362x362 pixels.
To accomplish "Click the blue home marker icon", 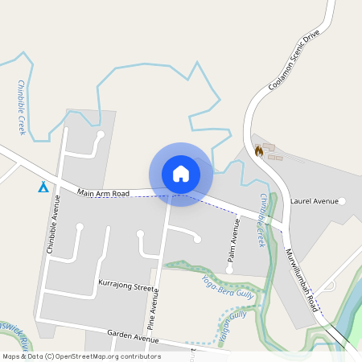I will point(181,174).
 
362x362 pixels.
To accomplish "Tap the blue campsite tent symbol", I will point(43,187).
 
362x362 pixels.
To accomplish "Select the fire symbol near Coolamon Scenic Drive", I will point(258,150).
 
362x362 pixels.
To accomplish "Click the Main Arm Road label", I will point(104,193).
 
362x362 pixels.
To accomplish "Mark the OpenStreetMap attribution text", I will point(80,356).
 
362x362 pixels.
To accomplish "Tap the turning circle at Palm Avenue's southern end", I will point(229,270).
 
